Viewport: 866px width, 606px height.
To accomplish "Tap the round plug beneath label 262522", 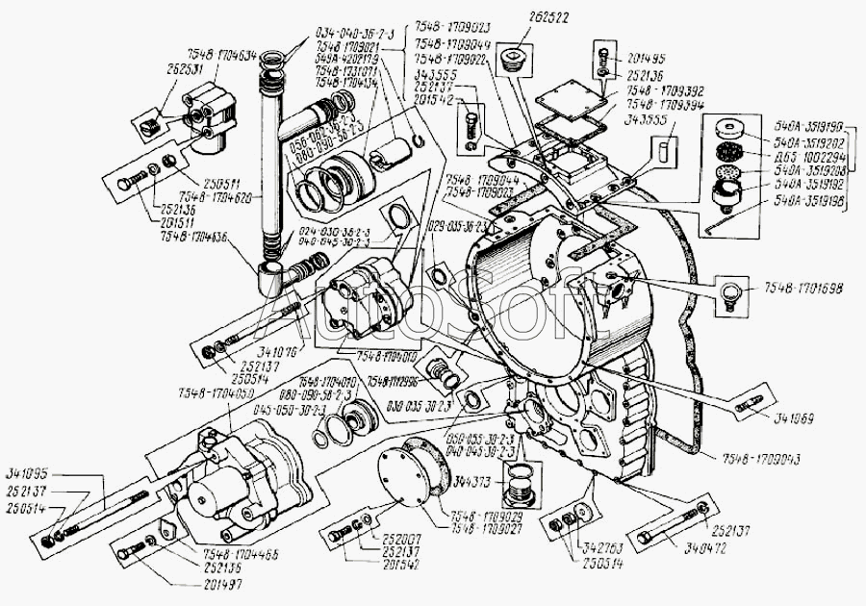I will click(515, 63).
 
